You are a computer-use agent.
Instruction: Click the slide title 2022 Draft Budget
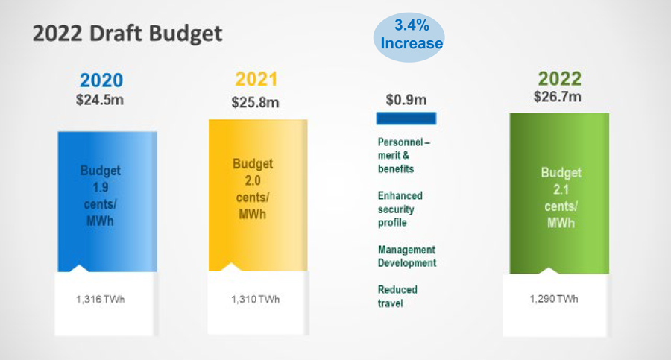tap(127, 34)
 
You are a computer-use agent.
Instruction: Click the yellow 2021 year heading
tap(256, 80)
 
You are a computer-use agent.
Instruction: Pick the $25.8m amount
tap(256, 101)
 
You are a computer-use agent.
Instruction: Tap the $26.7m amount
tap(559, 97)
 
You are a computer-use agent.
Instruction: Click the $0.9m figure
tap(406, 100)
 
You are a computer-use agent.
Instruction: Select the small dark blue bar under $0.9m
tap(406, 119)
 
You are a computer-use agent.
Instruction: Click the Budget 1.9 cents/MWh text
tap(101, 197)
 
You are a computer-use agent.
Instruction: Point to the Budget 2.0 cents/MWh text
tap(253, 189)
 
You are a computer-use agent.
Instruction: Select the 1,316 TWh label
tap(101, 300)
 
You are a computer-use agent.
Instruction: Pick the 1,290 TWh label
tap(553, 299)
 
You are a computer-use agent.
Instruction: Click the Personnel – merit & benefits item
tap(404, 155)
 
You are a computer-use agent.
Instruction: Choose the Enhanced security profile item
tap(400, 209)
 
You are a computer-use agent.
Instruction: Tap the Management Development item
tap(406, 256)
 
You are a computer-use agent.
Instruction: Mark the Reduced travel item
tap(397, 296)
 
